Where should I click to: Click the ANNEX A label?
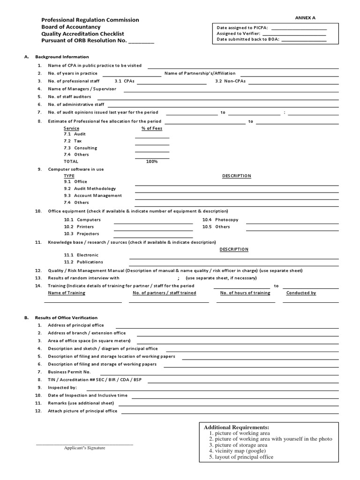pyautogui.click(x=305, y=17)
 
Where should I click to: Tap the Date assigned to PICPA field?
pyautogui.click(x=302, y=28)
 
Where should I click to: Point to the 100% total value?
pyautogui.click(x=152, y=161)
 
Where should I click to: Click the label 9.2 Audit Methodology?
pyautogui.click(x=90, y=188)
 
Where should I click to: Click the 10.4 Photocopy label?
pyautogui.click(x=220, y=219)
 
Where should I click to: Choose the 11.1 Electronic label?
pyautogui.click(x=81, y=255)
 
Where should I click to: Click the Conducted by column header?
pyautogui.click(x=301, y=293)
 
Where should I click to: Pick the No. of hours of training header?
pyautogui.click(x=245, y=293)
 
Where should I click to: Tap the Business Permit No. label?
pyautogui.click(x=69, y=372)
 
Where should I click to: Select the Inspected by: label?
pyautogui.click(x=62, y=388)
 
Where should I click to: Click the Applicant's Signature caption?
pyautogui.click(x=85, y=448)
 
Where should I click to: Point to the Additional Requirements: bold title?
pyautogui.click(x=236, y=427)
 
